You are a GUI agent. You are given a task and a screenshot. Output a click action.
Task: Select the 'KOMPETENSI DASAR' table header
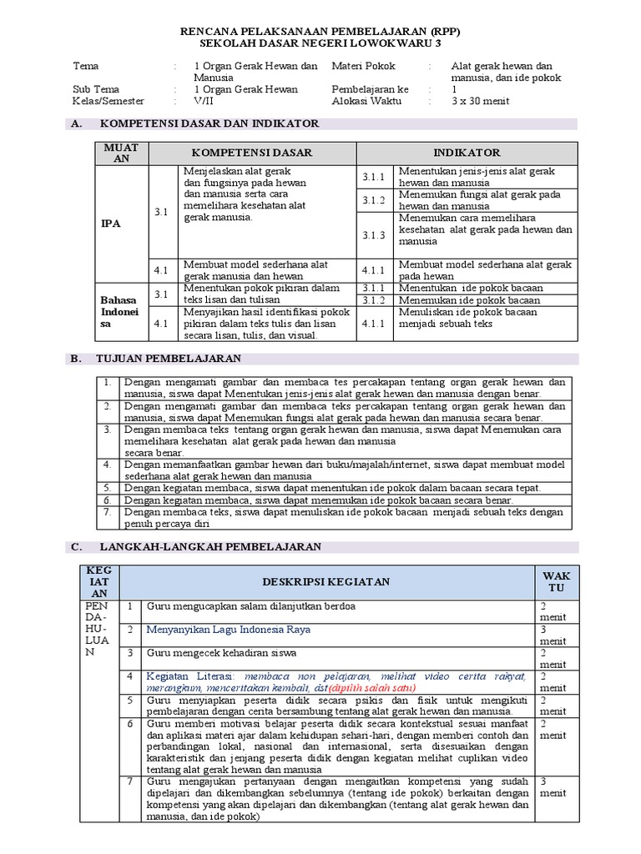click(253, 153)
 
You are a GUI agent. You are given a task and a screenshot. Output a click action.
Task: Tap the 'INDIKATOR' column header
click(467, 153)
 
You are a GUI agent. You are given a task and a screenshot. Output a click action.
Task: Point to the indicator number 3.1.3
click(373, 235)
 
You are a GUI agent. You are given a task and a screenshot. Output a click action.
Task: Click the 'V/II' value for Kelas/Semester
click(203, 101)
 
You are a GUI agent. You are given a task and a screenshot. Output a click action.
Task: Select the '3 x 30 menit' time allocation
click(479, 101)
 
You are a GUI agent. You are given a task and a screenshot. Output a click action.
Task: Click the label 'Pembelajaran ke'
click(371, 89)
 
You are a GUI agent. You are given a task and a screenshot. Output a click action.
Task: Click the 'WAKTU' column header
click(555, 581)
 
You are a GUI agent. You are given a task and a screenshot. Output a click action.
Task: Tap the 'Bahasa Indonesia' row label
click(119, 311)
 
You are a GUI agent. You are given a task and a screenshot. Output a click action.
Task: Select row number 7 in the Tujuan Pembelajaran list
click(107, 512)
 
